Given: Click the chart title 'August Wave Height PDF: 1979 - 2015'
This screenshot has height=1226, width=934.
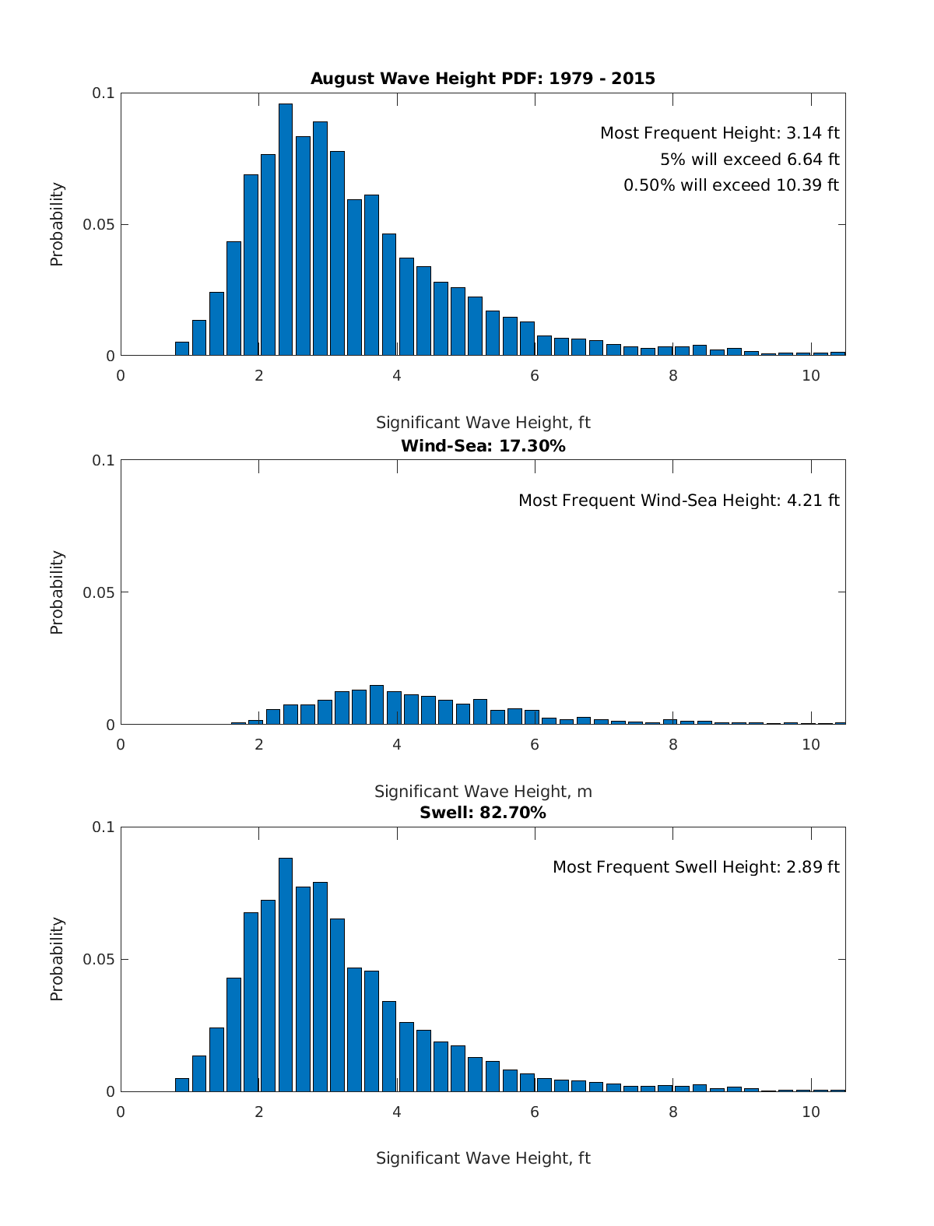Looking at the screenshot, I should click(x=483, y=79).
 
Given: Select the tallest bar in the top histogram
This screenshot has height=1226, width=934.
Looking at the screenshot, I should click(x=286, y=230).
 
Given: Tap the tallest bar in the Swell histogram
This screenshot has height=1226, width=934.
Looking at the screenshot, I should click(x=286, y=975).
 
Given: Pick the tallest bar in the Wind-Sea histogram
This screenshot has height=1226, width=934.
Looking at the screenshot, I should click(x=377, y=704).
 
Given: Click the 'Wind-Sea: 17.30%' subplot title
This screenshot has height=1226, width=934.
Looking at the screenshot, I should click(x=483, y=446).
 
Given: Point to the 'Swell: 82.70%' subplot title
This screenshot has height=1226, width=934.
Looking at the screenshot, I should click(x=483, y=813).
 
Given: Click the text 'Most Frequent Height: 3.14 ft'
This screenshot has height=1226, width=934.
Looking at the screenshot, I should click(x=719, y=133).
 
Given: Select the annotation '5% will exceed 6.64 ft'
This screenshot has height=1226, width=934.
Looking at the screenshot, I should click(x=750, y=160).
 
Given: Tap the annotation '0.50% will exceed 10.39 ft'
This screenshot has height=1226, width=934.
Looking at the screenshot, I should click(x=731, y=185).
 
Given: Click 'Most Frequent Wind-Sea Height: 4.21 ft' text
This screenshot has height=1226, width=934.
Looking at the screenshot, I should click(x=679, y=501).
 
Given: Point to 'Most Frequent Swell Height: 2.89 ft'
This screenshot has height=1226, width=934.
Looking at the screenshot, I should click(x=696, y=867).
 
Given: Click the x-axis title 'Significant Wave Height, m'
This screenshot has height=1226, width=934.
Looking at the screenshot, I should click(x=483, y=792).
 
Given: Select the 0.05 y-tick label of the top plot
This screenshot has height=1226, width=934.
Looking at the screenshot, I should click(x=99, y=225).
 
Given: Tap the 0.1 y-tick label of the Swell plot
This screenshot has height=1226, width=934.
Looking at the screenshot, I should click(x=104, y=827).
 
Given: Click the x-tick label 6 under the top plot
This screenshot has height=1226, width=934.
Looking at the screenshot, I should click(x=535, y=375).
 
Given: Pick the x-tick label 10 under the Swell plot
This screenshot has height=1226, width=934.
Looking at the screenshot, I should click(x=811, y=1112).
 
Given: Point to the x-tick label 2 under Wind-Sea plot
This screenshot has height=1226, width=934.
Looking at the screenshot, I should click(x=259, y=744).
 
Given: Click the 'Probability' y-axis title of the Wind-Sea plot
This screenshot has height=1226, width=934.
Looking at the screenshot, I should click(x=57, y=592).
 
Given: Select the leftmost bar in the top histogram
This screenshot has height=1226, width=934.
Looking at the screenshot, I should click(x=182, y=349).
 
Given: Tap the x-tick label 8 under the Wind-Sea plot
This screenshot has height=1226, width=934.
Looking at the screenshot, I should click(x=673, y=744).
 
